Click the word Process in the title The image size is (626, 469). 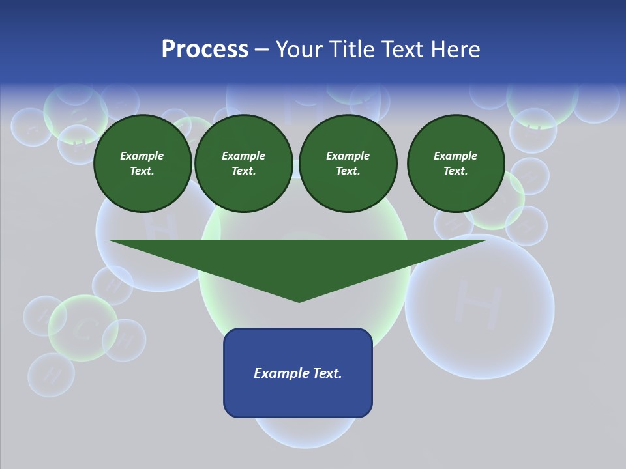click(x=205, y=50)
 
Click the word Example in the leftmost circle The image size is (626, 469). click(x=142, y=156)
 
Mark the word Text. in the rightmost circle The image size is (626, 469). click(x=455, y=171)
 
